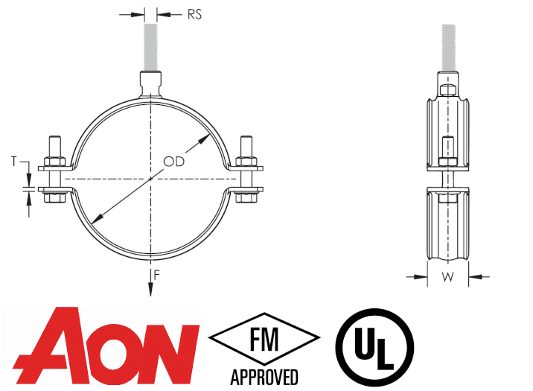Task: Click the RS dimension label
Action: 194,15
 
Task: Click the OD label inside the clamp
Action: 173,162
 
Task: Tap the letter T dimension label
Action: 14,161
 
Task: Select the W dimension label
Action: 447,277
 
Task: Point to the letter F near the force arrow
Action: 157,274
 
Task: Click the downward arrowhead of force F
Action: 150,290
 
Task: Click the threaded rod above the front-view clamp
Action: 150,47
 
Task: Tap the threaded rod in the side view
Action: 448,48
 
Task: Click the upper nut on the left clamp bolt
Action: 55,162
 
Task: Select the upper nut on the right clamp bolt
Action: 246,162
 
